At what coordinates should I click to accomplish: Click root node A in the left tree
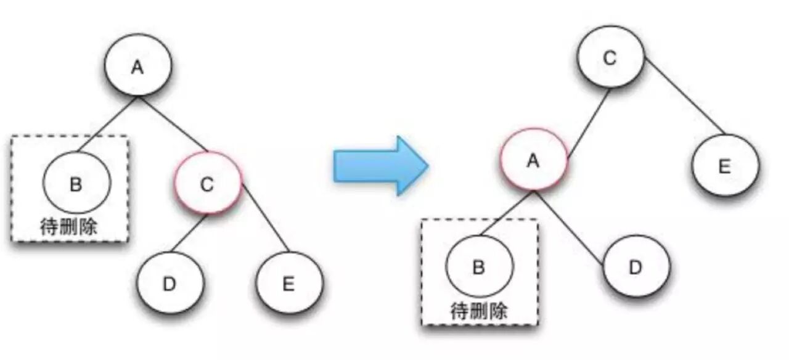[137, 66]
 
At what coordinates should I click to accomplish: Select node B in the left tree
[76, 183]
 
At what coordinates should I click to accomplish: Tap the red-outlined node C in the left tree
[208, 183]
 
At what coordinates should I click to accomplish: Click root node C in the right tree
[610, 58]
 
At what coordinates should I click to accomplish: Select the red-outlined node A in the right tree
[533, 160]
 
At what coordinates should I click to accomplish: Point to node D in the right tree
[636, 266]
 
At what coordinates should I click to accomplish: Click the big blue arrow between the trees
[380, 165]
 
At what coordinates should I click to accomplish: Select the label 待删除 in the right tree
[479, 310]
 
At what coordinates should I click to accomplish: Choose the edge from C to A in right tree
[587, 121]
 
